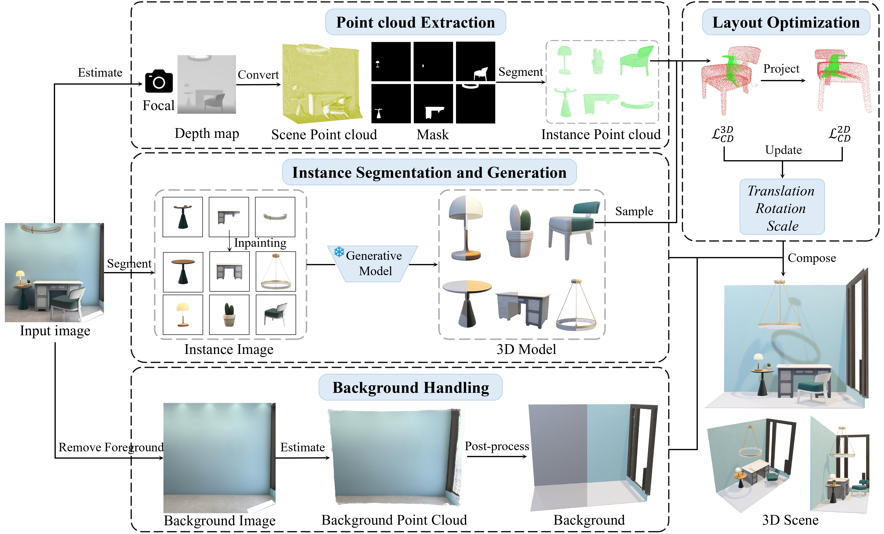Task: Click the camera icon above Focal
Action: coord(159,81)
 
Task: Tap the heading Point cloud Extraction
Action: coord(415,22)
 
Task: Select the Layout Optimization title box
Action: coord(786,22)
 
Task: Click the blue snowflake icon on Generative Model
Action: coord(339,252)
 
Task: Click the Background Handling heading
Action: coord(411,388)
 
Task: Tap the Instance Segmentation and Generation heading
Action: coord(429,173)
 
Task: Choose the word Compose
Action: coord(811,258)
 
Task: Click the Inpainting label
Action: coord(260,243)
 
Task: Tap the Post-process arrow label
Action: coord(497,446)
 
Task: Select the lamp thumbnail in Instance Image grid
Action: coord(183,314)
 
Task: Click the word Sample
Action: coord(634,211)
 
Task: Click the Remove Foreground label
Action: coord(111,447)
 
